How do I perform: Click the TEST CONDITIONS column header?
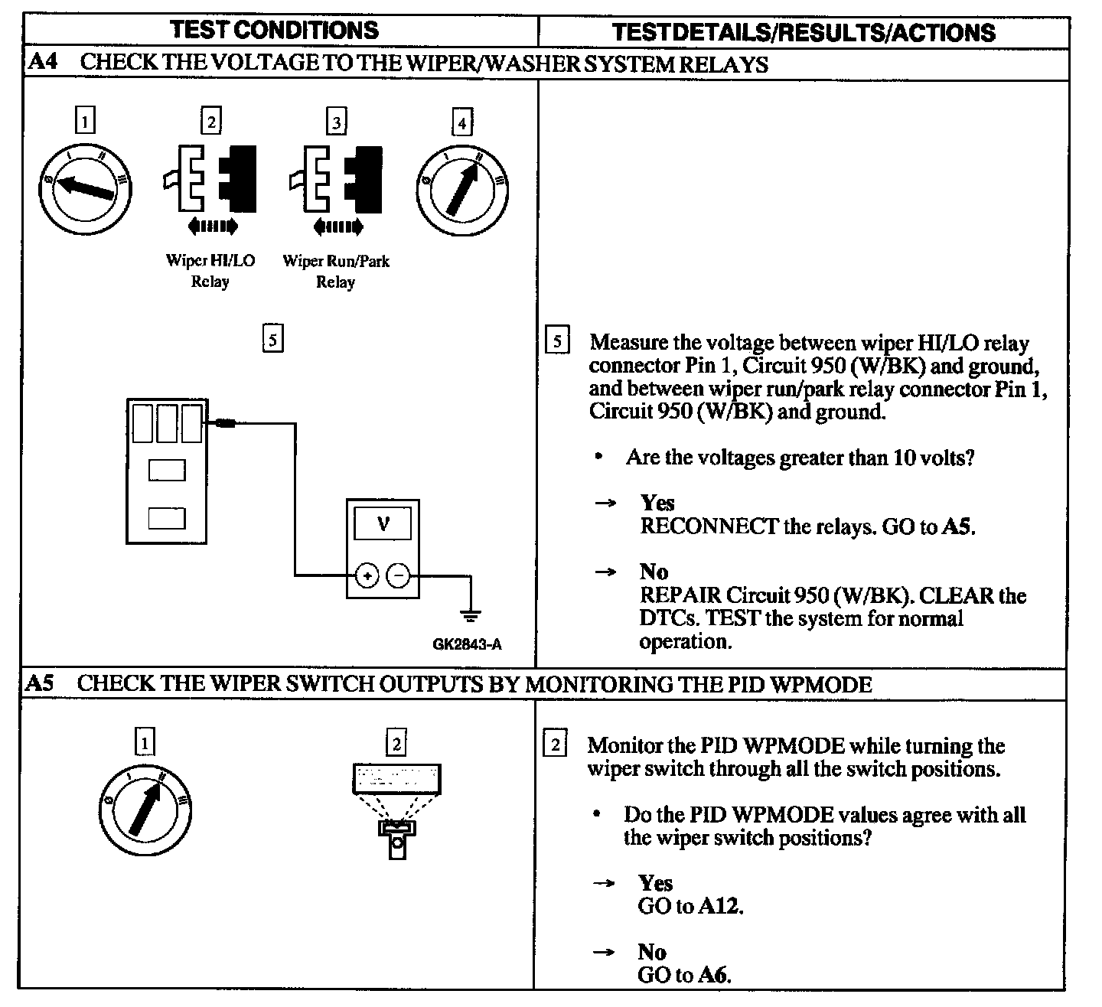click(274, 30)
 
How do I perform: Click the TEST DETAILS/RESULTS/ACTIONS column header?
click(804, 32)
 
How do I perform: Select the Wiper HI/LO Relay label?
click(210, 271)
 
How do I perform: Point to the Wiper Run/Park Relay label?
click(336, 271)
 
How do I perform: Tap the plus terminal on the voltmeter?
click(367, 575)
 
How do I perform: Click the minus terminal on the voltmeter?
click(397, 575)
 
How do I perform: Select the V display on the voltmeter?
click(383, 524)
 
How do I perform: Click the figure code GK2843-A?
click(468, 644)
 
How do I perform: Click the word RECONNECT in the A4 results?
click(709, 527)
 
